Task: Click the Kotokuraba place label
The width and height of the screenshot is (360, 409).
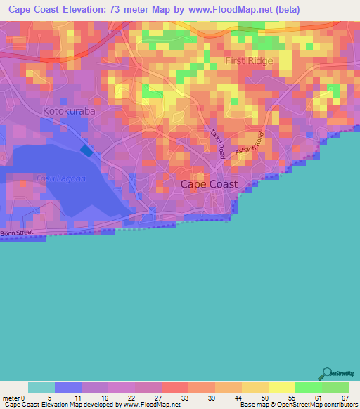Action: click(x=69, y=111)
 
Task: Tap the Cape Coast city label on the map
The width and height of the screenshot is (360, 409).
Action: click(x=209, y=184)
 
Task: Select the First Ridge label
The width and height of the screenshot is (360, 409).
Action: click(x=249, y=61)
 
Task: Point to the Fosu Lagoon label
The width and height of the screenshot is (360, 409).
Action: click(x=41, y=178)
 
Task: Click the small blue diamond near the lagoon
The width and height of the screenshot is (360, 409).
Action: click(x=86, y=150)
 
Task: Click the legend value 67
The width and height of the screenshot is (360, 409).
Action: click(x=345, y=397)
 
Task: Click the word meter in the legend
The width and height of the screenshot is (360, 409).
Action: click(x=11, y=397)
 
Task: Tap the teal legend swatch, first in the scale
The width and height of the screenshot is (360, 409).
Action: click(x=41, y=387)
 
